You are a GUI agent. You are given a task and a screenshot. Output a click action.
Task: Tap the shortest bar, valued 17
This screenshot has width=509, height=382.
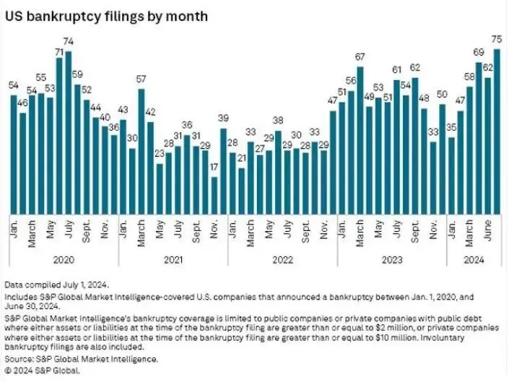214,195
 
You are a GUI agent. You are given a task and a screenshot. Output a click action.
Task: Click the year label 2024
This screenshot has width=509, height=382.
474,259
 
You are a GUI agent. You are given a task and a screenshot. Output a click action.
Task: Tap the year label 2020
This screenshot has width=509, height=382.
64,259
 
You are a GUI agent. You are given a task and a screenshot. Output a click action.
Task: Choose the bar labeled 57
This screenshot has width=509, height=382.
142,151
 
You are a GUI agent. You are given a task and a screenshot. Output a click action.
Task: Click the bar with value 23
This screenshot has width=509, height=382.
160,188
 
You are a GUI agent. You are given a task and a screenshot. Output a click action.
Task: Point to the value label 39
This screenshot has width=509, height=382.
223,118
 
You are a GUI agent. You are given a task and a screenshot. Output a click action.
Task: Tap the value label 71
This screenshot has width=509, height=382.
59,53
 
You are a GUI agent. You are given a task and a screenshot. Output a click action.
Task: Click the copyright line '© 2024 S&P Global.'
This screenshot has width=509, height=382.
43,370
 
